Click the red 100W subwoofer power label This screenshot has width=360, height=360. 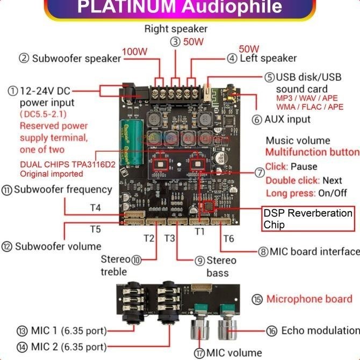(135, 52)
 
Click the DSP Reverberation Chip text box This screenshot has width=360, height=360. (308, 219)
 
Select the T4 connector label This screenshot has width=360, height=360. (95, 207)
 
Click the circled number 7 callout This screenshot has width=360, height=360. (260, 173)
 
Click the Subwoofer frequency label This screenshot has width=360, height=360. (63, 189)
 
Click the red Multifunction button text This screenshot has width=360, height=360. (312, 153)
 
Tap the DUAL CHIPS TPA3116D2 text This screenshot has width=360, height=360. (68, 164)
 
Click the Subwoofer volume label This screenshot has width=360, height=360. (58, 246)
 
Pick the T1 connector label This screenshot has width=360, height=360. (200, 232)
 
